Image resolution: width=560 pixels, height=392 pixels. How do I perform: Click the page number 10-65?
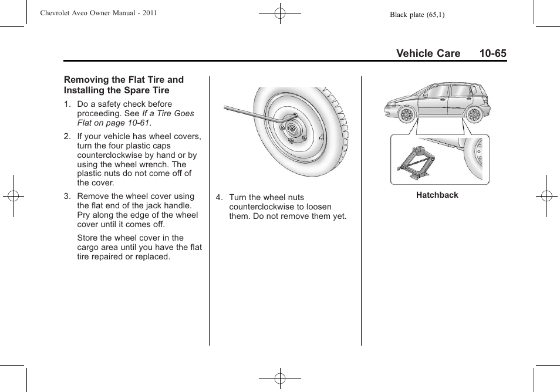(x=492, y=53)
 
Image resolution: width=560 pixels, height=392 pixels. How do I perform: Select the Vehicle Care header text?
(x=428, y=53)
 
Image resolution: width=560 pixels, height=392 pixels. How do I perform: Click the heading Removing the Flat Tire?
(x=124, y=80)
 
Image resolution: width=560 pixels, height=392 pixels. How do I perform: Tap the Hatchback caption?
(x=437, y=195)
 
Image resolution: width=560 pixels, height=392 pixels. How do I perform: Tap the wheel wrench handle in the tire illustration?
(x=247, y=112)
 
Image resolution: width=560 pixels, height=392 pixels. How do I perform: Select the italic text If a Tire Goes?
(x=168, y=114)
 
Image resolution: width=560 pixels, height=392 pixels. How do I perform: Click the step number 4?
(x=218, y=198)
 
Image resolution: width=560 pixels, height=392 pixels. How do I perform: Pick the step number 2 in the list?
(x=67, y=137)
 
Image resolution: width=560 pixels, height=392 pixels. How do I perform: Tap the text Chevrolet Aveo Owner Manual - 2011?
(x=99, y=12)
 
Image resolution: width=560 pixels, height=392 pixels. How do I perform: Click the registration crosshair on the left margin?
(x=12, y=196)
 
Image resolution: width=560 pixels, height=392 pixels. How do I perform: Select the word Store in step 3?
(x=88, y=238)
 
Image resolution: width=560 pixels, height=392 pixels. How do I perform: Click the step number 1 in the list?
(x=67, y=104)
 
